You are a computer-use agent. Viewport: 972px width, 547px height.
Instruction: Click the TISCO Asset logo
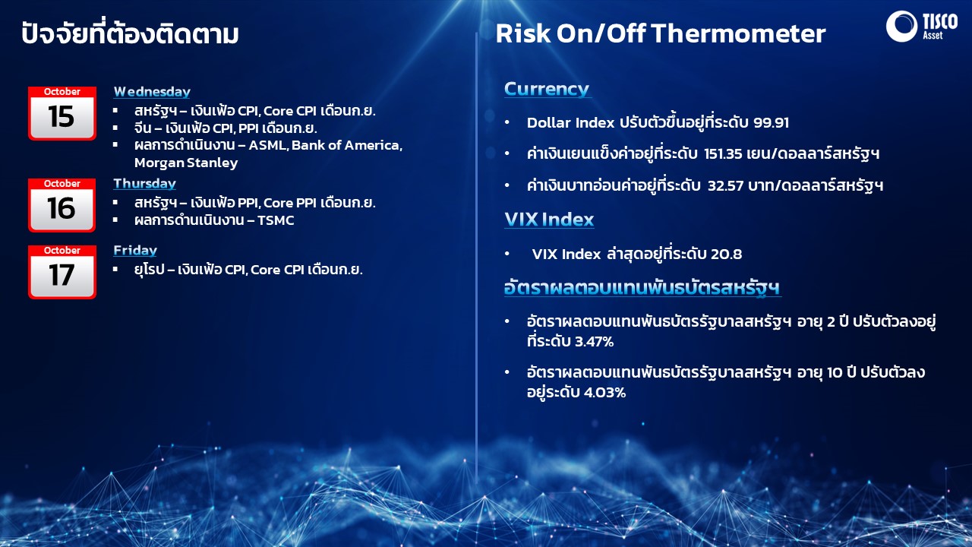(x=921, y=26)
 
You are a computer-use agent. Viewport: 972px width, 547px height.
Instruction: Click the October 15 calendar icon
(x=62, y=113)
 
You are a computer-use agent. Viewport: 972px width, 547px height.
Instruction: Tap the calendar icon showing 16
(x=62, y=205)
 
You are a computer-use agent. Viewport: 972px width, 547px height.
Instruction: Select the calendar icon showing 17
(x=62, y=272)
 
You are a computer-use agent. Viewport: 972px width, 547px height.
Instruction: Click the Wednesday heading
(x=152, y=92)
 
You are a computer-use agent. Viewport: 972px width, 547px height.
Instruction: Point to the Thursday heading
(x=144, y=184)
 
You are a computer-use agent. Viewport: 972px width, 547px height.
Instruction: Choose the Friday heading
(x=135, y=251)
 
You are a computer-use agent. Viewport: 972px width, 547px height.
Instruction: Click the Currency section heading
(x=546, y=89)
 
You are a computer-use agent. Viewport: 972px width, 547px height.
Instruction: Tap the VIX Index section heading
(x=549, y=220)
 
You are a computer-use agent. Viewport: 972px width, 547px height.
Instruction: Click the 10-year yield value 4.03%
(x=605, y=393)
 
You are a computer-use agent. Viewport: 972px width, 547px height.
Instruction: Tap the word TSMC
(x=276, y=220)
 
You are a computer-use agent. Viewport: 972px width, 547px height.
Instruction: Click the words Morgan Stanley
(x=186, y=163)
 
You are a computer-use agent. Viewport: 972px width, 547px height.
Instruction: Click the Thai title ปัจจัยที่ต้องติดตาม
(x=130, y=33)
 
